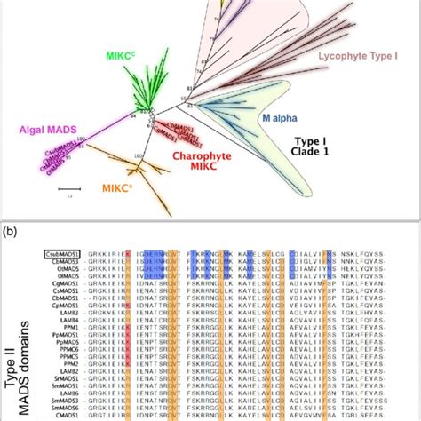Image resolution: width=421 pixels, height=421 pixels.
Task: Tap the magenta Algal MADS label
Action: click(x=37, y=130)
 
